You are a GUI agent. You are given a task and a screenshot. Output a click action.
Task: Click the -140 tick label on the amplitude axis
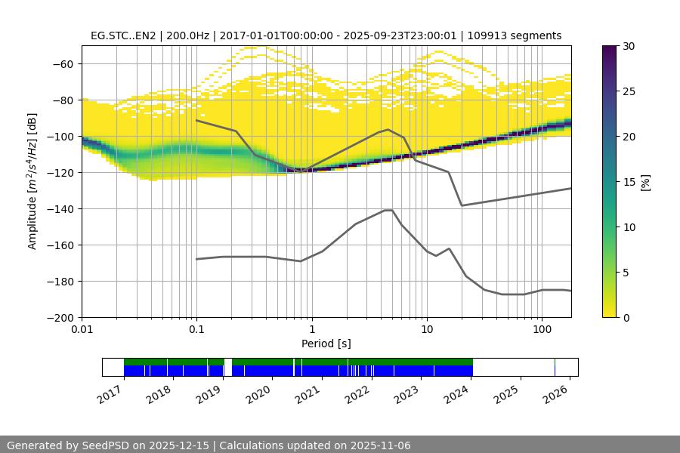[x=63, y=208]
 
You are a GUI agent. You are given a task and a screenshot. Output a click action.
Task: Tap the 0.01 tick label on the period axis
[x=82, y=330]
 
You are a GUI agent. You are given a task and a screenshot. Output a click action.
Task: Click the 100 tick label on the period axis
[x=542, y=330]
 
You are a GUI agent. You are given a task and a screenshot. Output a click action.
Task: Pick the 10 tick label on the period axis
[x=427, y=330]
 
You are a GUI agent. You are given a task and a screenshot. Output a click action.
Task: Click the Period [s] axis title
[x=326, y=344]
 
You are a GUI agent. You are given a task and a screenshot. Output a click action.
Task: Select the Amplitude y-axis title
[x=32, y=181]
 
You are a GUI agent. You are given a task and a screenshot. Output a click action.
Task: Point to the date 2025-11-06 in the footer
[x=381, y=445]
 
